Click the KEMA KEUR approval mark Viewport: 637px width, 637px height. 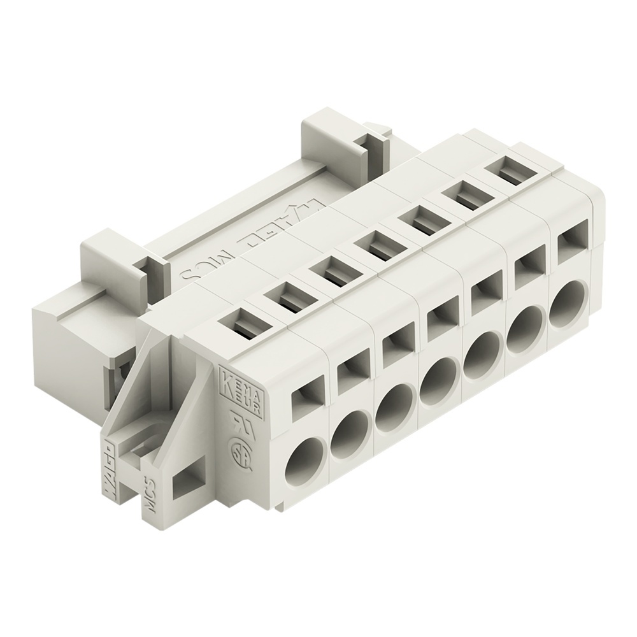coord(233,382)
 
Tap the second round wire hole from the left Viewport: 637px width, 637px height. coord(349,434)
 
